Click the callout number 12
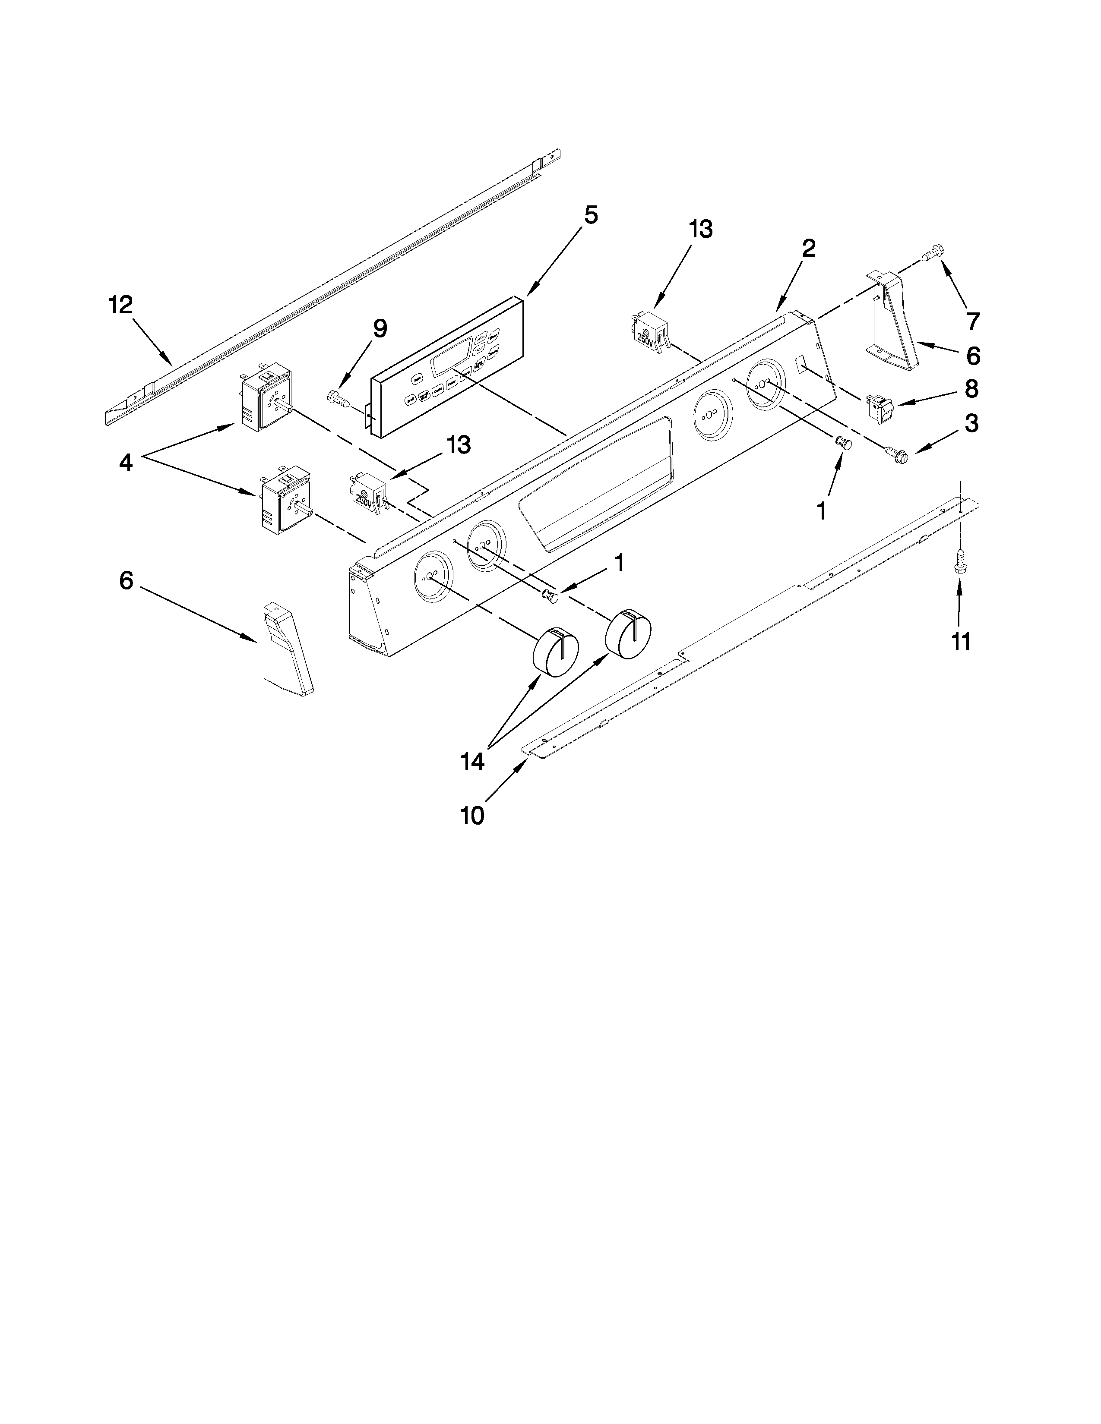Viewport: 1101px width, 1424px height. pyautogui.click(x=120, y=305)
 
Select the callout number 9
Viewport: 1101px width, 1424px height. pyautogui.click(x=380, y=329)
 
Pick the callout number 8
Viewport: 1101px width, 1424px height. pyautogui.click(x=971, y=389)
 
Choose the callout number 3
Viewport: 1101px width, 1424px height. pyautogui.click(x=971, y=424)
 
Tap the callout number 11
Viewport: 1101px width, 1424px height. pyautogui.click(x=961, y=642)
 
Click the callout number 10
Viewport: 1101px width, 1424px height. pyautogui.click(x=473, y=816)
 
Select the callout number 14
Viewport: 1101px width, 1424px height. pyautogui.click(x=473, y=761)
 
